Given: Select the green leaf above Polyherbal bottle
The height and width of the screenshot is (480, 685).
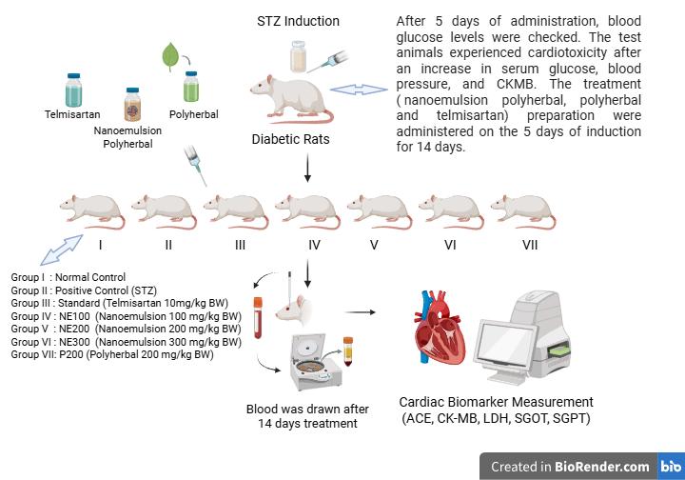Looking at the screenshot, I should click(x=170, y=57).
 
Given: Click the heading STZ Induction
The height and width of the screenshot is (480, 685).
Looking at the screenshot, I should click(x=298, y=21).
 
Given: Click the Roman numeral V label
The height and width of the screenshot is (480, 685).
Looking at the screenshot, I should click(x=375, y=245).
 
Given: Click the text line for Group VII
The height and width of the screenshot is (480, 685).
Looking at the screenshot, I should click(x=111, y=354).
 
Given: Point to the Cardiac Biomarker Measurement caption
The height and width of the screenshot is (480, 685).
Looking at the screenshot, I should click(x=496, y=402).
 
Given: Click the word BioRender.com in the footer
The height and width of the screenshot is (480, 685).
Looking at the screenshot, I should click(x=603, y=467).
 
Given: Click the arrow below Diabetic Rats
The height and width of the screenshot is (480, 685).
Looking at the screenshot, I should click(x=306, y=168).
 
